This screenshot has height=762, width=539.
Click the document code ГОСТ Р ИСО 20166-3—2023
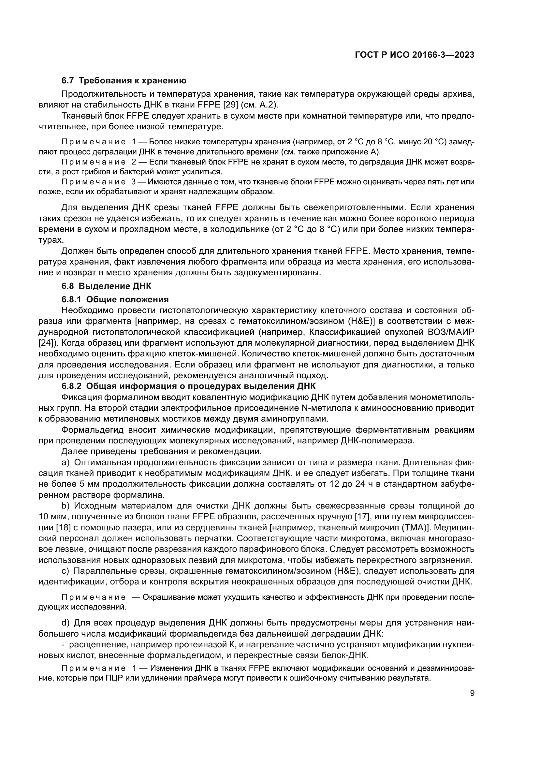tap(415, 55)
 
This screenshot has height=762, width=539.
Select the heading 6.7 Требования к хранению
tap(124, 81)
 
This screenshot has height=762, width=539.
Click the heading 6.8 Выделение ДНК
tap(106, 286)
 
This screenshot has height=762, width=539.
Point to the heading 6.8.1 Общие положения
tap(115, 299)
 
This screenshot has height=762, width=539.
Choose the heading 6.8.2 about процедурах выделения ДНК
tap(188, 386)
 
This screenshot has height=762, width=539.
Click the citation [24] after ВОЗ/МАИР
tap(46, 343)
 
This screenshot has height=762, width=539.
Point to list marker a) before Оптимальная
tap(66, 463)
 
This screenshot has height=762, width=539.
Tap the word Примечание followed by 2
tap(94, 162)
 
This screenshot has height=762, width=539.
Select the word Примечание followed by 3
tap(94, 182)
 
